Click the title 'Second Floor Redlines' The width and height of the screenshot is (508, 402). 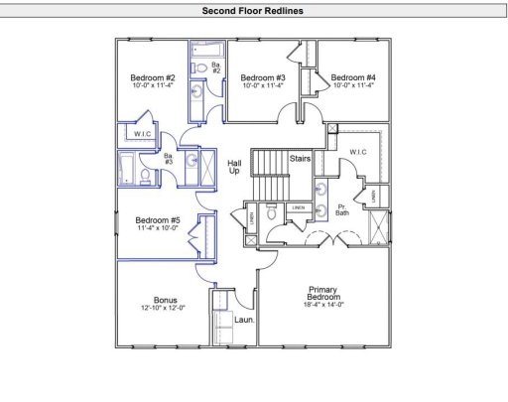(254, 11)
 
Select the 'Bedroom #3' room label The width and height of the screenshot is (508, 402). (263, 77)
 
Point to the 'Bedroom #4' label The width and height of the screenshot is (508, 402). (353, 77)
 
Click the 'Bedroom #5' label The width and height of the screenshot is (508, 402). (158, 220)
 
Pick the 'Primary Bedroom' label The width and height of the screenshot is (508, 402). (324, 293)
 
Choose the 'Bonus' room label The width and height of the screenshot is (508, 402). (165, 299)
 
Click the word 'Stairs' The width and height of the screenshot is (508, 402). (301, 158)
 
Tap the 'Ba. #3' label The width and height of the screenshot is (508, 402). (169, 159)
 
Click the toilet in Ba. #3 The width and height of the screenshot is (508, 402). (146, 177)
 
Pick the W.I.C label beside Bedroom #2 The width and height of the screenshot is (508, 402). (142, 134)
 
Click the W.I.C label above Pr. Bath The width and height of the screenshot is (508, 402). (359, 152)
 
